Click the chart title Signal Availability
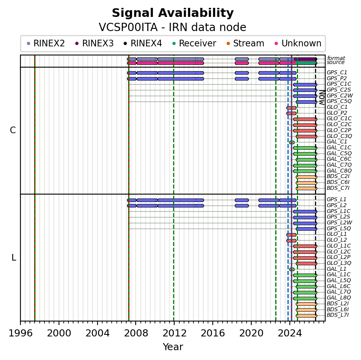173,13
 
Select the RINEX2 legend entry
46,43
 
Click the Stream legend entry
245,43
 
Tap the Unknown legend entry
298,43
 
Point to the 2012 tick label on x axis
174,333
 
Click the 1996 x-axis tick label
20,333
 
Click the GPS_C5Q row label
339,101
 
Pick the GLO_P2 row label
337,113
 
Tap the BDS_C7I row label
338,188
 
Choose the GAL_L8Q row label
339,298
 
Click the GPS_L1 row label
336,199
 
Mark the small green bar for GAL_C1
292,142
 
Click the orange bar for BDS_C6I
306,183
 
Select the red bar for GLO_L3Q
306,264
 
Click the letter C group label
13,130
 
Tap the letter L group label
14,258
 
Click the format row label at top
336,58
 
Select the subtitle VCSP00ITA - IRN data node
173,27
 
